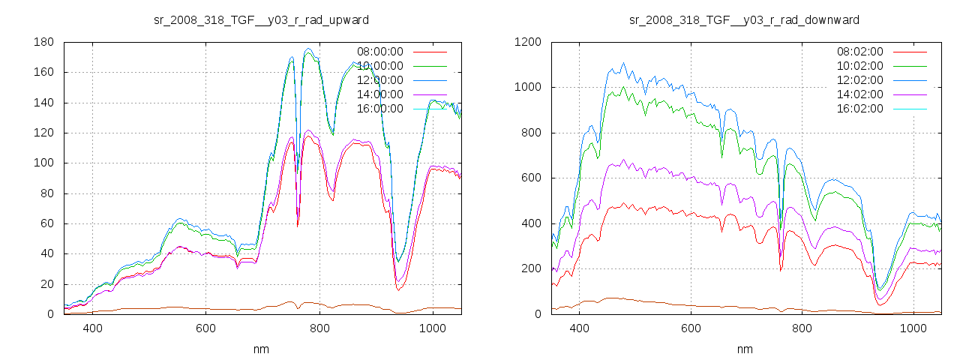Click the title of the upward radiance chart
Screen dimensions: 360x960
pyautogui.click(x=261, y=19)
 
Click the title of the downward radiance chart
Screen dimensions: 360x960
pyautogui.click(x=744, y=19)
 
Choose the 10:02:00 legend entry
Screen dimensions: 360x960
pyautogui.click(x=859, y=66)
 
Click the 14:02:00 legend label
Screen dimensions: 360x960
pyautogui.click(x=859, y=94)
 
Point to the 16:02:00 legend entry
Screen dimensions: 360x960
pyautogui.click(x=859, y=109)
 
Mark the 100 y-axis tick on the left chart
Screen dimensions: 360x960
pyautogui.click(x=46, y=163)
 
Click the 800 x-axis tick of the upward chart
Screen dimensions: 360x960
pyautogui.click(x=320, y=328)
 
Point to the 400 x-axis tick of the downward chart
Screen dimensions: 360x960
pyautogui.click(x=579, y=328)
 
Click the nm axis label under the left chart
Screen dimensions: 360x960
pyautogui.click(x=261, y=349)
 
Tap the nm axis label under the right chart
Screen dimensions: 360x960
pyautogui.click(x=745, y=349)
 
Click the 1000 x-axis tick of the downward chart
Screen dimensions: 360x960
pyautogui.click(x=913, y=328)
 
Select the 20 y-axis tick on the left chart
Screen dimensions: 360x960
pyautogui.click(x=49, y=284)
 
